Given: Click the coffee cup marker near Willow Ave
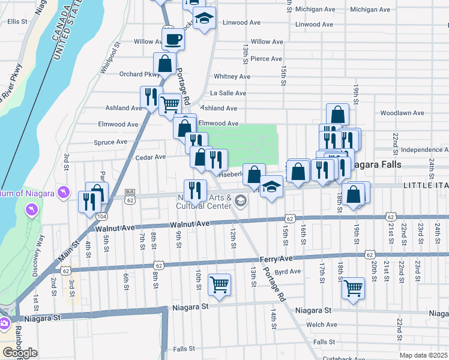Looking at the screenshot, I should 173,40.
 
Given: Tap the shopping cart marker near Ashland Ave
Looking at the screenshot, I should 170,104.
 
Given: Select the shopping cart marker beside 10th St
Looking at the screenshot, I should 219,284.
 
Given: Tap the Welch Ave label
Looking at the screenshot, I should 322,325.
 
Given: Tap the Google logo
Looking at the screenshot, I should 20,353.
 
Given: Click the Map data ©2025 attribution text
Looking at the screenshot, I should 423,355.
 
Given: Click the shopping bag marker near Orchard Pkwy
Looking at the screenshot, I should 164,62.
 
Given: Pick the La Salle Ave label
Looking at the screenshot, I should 228,93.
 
